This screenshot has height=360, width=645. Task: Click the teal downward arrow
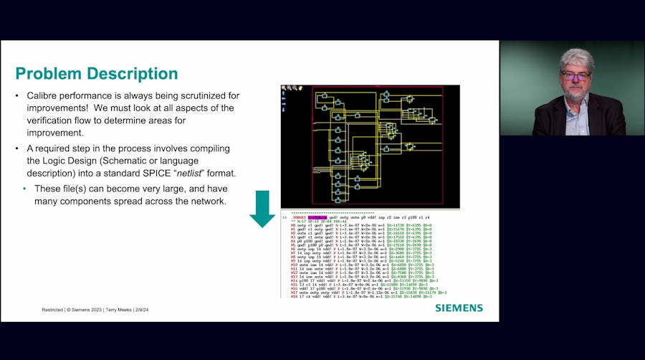coord(262,209)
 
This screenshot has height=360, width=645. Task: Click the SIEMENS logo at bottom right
coord(459,308)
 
